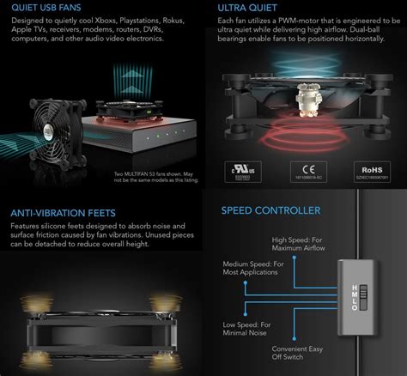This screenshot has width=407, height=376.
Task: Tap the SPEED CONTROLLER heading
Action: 270,210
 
